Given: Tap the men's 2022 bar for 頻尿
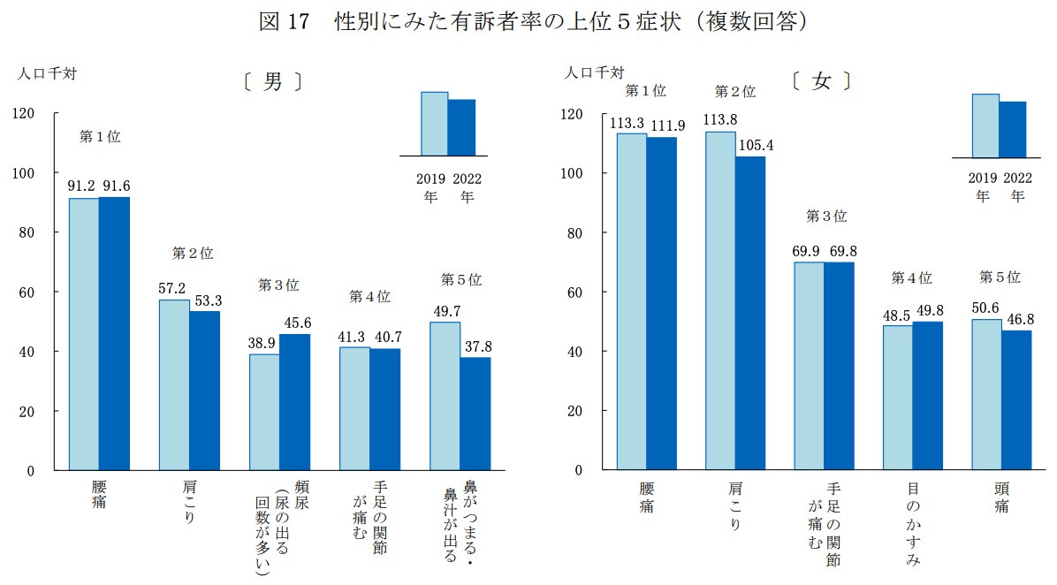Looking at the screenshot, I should tap(294, 402).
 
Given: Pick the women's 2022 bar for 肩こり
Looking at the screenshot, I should tap(750, 313).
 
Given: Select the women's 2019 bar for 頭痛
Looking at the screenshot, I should tap(987, 394).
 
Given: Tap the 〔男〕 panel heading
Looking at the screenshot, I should tap(273, 82).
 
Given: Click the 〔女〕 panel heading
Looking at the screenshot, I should tap(822, 81).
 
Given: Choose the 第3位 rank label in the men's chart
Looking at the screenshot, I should tap(278, 285).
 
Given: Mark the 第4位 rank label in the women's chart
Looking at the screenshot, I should tap(911, 277).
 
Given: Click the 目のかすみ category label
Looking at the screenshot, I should tap(913, 525).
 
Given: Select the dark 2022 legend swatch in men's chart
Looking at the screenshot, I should tap(461, 127).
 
